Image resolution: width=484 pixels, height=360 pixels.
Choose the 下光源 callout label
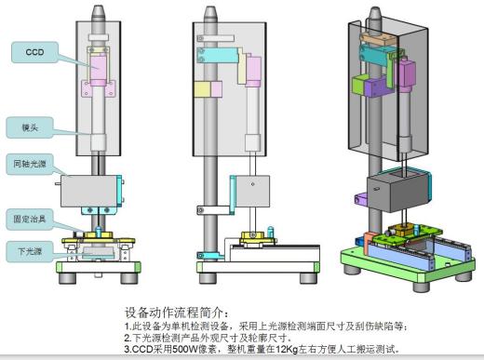(x=32, y=250)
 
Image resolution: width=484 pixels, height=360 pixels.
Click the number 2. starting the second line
(x=128, y=338)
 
